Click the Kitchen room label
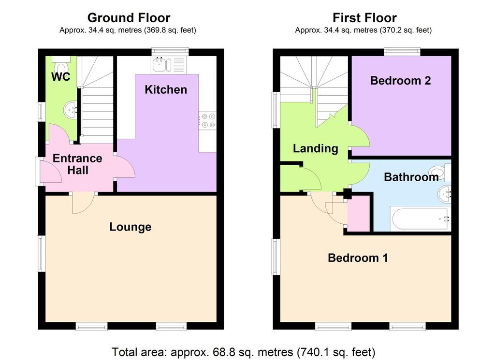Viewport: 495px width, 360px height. click(166, 89)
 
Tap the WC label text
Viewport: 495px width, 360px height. click(61, 77)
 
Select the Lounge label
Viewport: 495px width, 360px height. click(130, 227)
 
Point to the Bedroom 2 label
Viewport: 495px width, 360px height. click(400, 80)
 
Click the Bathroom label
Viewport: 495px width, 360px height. click(411, 177)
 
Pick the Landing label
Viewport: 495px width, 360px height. click(315, 148)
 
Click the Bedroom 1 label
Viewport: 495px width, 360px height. click(358, 258)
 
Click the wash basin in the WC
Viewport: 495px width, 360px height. click(71, 110)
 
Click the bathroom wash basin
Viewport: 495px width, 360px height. click(444, 195)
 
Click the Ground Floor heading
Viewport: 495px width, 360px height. click(129, 18)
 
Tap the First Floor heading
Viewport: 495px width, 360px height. click(364, 18)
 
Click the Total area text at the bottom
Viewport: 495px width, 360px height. click(244, 351)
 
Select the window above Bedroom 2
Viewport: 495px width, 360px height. click(402, 51)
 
